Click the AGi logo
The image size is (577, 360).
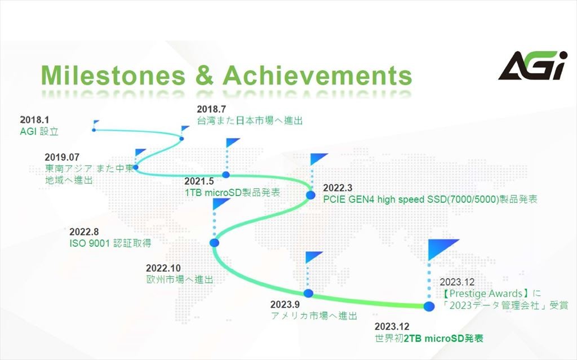[x=532, y=65]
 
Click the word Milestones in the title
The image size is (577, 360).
[x=113, y=75]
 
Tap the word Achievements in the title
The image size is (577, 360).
[x=317, y=75]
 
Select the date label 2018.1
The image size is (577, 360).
[x=34, y=119]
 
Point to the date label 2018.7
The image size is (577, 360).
[x=211, y=109]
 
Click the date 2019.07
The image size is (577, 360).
[x=62, y=157]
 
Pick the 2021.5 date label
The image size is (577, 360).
[x=199, y=181]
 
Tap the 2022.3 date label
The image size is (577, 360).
[x=338, y=188]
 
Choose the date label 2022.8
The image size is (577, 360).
[x=84, y=232]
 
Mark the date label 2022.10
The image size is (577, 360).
[x=163, y=268]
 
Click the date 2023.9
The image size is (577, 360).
[x=285, y=304]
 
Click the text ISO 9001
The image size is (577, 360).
[x=90, y=243]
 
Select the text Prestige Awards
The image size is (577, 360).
[x=486, y=294]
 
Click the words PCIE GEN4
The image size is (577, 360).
[x=349, y=199]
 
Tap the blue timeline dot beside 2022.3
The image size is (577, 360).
[x=311, y=195]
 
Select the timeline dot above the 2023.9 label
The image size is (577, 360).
[x=308, y=294]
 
